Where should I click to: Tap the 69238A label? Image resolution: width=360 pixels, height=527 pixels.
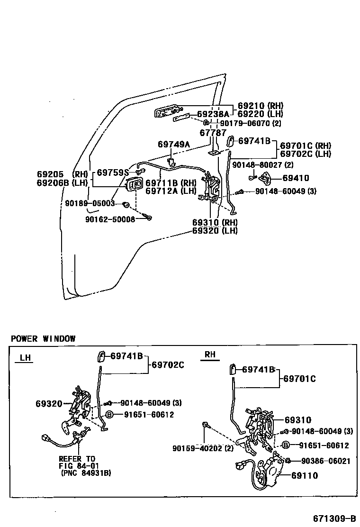[213, 114]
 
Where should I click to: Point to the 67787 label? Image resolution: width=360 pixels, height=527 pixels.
[213, 133]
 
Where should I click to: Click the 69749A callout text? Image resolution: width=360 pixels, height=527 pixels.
[173, 144]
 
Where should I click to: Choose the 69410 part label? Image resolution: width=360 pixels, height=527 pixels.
[296, 178]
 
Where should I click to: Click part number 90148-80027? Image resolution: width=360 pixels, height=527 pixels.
[260, 165]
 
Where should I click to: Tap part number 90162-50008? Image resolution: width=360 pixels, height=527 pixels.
[110, 219]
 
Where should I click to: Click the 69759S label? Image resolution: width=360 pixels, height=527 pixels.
[113, 173]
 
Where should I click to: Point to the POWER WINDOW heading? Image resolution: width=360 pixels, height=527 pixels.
[43, 338]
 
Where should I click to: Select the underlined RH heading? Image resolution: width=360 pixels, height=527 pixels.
[210, 354]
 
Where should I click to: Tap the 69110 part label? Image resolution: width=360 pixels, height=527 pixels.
[305, 475]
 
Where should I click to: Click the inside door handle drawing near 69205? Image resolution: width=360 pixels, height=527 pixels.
[134, 185]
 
